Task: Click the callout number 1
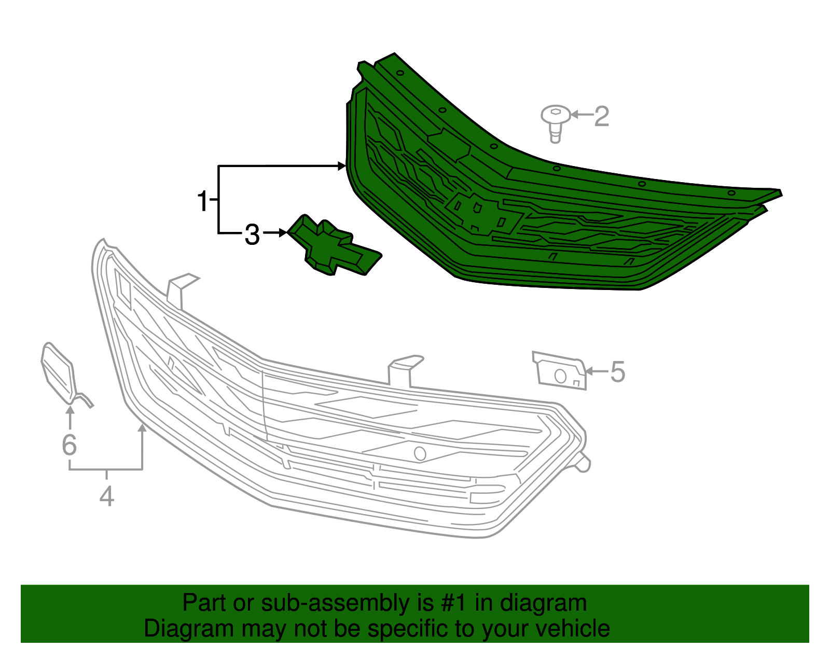coord(202,201)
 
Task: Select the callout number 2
coord(601,116)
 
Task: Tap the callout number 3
coord(252,235)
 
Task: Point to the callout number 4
coord(106,496)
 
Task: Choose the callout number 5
coord(618,372)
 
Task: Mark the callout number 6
coord(70,445)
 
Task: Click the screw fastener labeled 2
coord(556,123)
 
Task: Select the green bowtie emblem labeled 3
coord(334,245)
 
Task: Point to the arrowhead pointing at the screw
coord(574,114)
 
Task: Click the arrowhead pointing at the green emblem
coord(283,232)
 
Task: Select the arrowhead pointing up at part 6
coord(70,410)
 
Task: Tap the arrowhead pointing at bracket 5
coord(589,371)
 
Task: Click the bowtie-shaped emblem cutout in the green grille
coord(483,213)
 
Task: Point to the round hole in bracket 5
coord(560,376)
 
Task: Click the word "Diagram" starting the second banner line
coord(189,628)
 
